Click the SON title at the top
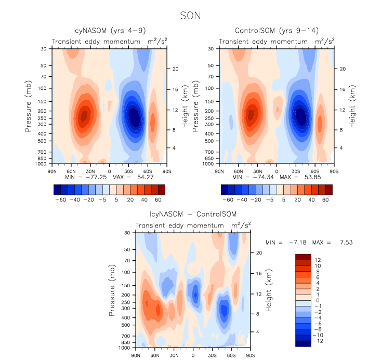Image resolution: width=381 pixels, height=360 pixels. point(189,16)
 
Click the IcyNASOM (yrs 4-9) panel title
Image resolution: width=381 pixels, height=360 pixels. point(109,31)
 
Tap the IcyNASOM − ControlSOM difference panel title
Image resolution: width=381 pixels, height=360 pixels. point(192,215)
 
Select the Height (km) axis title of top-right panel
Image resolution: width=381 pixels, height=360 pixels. point(352,106)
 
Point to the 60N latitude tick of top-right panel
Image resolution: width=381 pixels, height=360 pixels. point(239,170)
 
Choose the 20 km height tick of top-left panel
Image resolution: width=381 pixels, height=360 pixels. point(176,69)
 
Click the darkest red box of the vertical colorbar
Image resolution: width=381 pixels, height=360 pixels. point(302,256)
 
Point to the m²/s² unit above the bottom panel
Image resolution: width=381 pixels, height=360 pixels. point(242,225)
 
